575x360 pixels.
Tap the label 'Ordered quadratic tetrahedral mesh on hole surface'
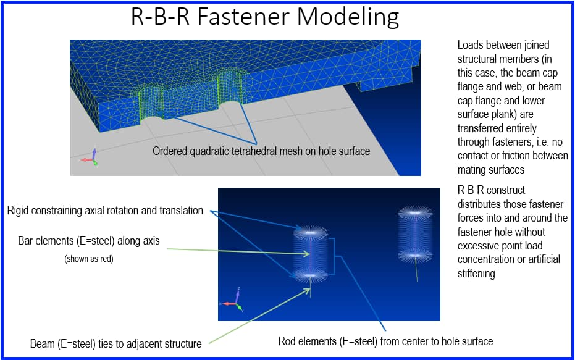coord(261,151)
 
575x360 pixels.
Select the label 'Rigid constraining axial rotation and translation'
coord(105,211)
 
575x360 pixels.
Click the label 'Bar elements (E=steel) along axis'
coord(89,241)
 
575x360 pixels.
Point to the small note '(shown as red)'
coord(89,259)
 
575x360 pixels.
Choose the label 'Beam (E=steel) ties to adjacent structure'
coord(115,343)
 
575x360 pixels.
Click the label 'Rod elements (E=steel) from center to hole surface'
coord(385,341)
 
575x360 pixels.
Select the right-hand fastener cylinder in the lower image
coord(416,235)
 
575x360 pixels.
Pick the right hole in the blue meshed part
coord(232,99)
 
